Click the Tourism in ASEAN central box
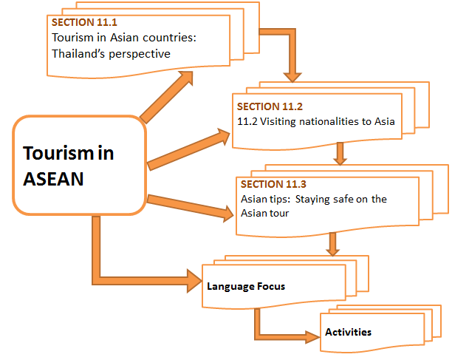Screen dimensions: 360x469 pyautogui.click(x=78, y=164)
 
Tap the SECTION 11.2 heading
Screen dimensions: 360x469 pyautogui.click(x=264, y=106)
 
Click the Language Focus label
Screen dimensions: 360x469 pyautogui.click(x=246, y=285)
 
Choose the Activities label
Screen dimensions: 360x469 pyautogui.click(x=348, y=332)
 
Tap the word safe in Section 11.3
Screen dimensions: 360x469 pyautogui.click(x=333, y=200)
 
